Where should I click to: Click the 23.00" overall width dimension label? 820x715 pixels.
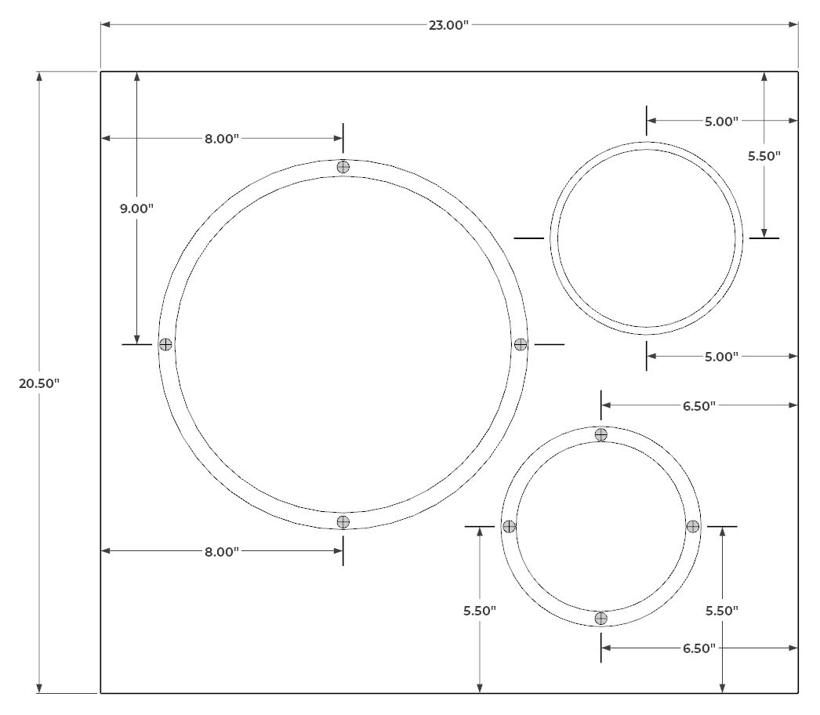448,25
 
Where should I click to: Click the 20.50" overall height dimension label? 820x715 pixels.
39,383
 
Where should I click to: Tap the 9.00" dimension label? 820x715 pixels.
136,209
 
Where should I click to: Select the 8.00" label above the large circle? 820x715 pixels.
222,139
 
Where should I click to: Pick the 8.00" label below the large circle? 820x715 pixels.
222,552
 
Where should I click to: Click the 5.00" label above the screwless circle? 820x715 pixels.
722,122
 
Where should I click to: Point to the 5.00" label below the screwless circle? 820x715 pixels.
722,357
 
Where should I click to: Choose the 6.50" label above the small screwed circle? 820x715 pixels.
699,406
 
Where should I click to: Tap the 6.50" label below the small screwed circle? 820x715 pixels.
699,648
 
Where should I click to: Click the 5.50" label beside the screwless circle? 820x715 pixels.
764,156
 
